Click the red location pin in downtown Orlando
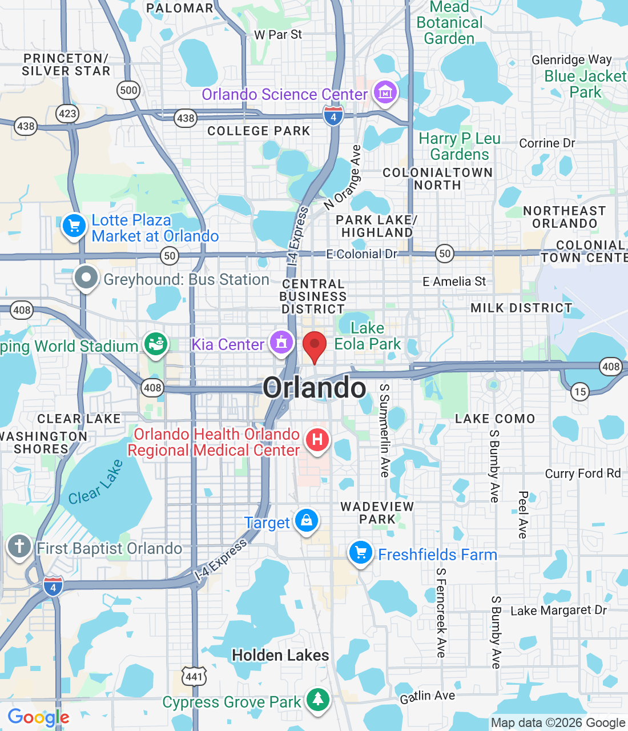(x=314, y=345)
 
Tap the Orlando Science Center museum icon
(x=385, y=92)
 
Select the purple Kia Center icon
(x=281, y=343)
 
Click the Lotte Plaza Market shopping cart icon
(x=74, y=226)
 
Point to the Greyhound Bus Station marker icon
(x=86, y=278)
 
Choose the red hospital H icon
(x=317, y=440)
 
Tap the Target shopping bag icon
(x=307, y=520)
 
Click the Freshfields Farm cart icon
(x=360, y=553)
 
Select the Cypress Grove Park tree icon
(x=317, y=699)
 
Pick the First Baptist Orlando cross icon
(x=19, y=546)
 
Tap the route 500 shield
(x=128, y=90)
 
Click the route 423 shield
(x=67, y=113)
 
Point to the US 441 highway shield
(x=194, y=677)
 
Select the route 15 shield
(x=580, y=391)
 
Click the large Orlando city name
(x=315, y=388)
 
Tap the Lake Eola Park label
(x=368, y=336)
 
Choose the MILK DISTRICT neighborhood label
(x=521, y=308)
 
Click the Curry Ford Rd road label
(x=582, y=473)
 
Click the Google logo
(x=38, y=717)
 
